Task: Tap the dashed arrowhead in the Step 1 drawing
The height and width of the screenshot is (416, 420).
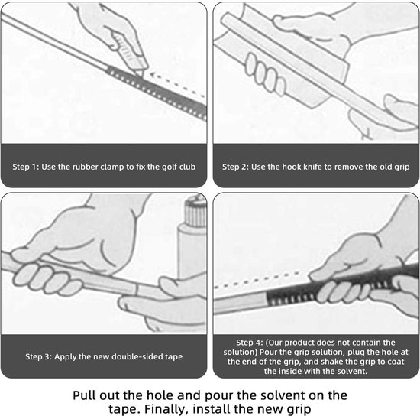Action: tap(153, 76)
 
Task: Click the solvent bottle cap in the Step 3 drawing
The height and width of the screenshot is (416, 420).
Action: tap(195, 212)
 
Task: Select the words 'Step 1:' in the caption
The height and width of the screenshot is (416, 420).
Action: tap(26, 167)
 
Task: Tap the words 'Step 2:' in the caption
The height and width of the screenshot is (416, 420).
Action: tap(235, 167)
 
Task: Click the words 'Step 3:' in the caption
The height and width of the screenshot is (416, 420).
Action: tap(39, 356)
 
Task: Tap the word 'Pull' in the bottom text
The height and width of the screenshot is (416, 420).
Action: tap(84, 395)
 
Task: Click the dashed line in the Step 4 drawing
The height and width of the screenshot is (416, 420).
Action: tap(257, 281)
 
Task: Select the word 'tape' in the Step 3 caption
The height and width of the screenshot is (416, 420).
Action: tap(174, 357)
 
